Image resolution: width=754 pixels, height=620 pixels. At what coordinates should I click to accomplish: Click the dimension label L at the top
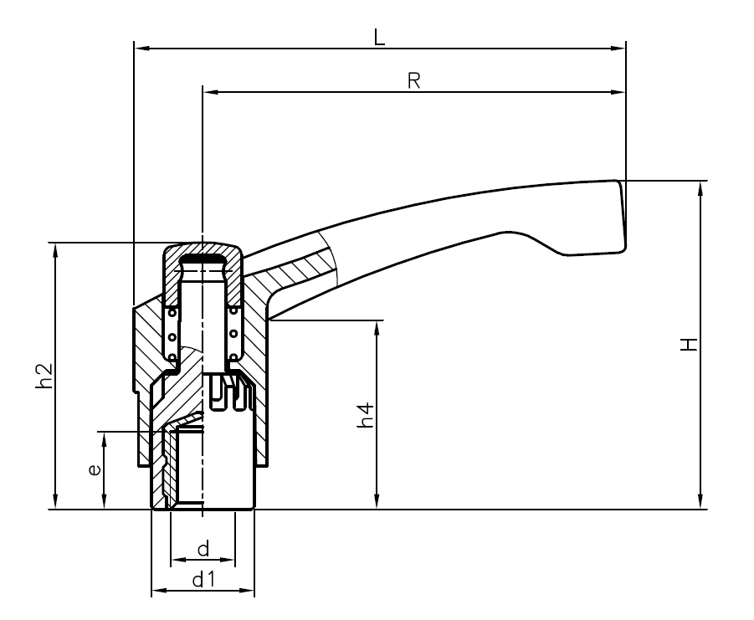click(x=379, y=38)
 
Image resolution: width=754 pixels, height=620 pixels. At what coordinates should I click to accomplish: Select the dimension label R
click(x=413, y=80)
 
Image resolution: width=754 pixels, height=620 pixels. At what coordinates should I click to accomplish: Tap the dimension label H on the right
click(x=689, y=344)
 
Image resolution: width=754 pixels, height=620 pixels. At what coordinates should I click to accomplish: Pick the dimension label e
click(x=95, y=470)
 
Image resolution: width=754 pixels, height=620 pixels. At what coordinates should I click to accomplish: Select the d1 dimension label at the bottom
click(x=203, y=579)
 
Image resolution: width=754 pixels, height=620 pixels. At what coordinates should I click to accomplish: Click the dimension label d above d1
click(x=203, y=549)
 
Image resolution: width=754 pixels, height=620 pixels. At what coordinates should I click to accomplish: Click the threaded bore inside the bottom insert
click(x=201, y=469)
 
